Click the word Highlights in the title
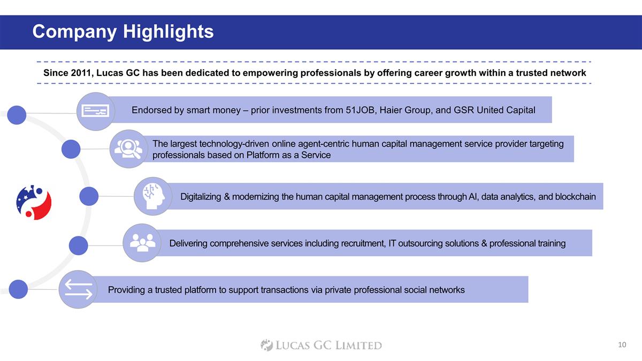click(x=168, y=32)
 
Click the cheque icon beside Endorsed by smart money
click(x=95, y=111)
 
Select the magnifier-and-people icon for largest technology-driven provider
click(x=128, y=149)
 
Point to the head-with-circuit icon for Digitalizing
click(x=153, y=196)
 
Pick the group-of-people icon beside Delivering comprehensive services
click(x=142, y=243)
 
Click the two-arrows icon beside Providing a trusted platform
click(x=79, y=289)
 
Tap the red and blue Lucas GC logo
click(x=34, y=202)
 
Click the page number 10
click(x=622, y=344)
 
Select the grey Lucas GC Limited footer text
click(x=328, y=345)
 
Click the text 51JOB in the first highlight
click(x=360, y=110)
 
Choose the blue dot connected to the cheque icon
click(x=17, y=115)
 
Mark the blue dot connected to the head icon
click(x=89, y=196)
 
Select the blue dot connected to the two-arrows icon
click(x=18, y=289)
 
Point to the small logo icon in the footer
click(x=266, y=345)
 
